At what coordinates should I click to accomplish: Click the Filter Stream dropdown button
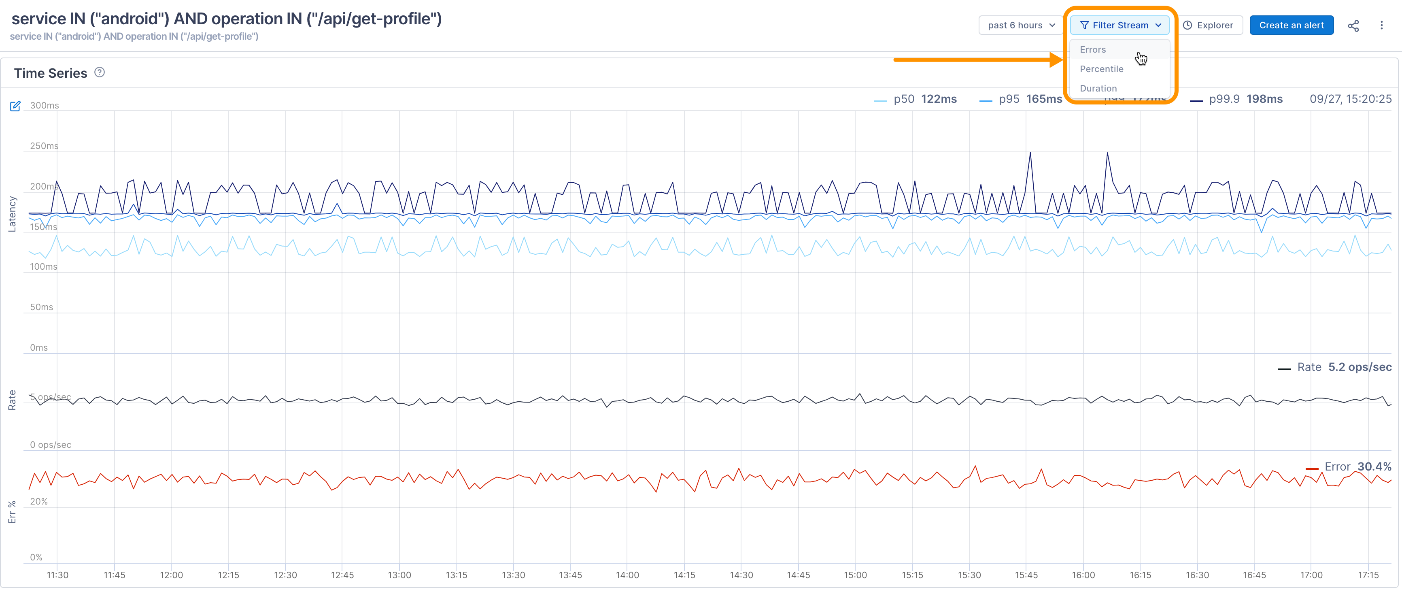click(x=1119, y=25)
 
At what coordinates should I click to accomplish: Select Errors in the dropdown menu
click(x=1092, y=49)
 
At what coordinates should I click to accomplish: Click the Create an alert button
click(x=1291, y=25)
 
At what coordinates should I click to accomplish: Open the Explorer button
click(x=1209, y=25)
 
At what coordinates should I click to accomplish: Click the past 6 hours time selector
click(x=1020, y=25)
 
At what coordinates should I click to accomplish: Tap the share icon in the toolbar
click(x=1353, y=26)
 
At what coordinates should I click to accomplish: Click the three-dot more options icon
click(x=1381, y=25)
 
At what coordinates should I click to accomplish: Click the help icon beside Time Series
click(x=100, y=72)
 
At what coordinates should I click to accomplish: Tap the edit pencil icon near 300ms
click(x=15, y=106)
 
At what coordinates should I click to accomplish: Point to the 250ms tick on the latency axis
click(x=44, y=146)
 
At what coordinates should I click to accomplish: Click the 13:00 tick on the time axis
click(x=399, y=575)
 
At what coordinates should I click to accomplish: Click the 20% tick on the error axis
click(x=38, y=502)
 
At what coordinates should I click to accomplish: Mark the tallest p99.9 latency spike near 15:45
click(x=1030, y=153)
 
